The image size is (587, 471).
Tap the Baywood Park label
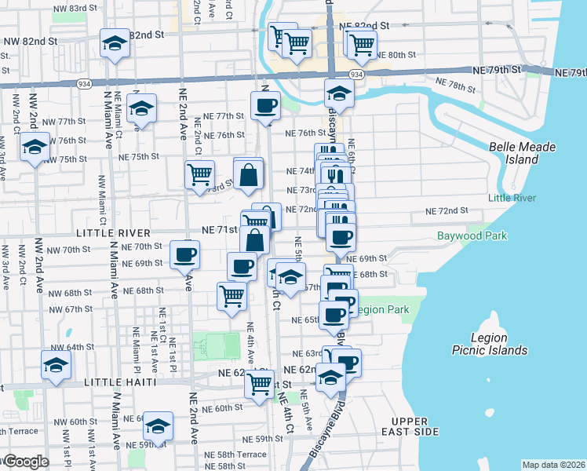point(472,236)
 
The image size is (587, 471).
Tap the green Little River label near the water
point(512,198)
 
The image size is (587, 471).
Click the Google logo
point(25,462)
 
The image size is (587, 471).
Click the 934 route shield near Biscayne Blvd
point(356,74)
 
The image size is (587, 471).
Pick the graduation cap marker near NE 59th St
point(159,426)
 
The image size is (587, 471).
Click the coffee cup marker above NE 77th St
point(265,105)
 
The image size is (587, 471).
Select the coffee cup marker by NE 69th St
point(185,254)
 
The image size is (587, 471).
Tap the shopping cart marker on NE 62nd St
point(260,385)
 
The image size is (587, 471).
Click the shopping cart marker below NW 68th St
point(232,296)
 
